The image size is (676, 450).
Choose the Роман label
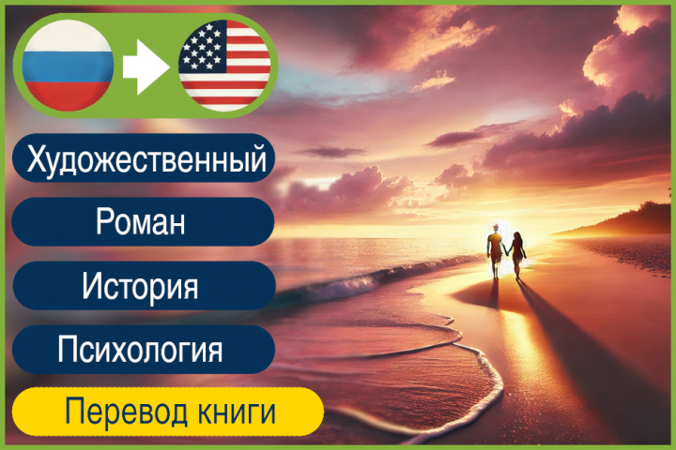[140, 223]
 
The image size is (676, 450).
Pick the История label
[140, 285]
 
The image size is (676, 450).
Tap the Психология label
[140, 350]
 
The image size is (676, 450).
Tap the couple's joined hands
[506, 252]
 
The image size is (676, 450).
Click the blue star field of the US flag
[202, 47]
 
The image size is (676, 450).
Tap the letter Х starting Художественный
[37, 159]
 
